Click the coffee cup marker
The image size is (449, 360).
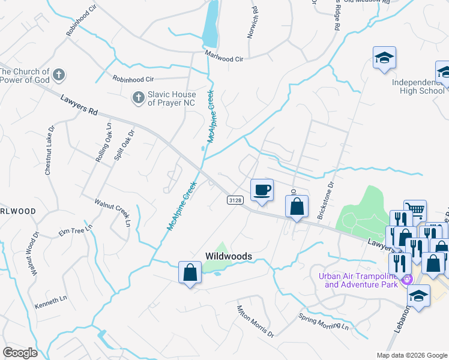261,191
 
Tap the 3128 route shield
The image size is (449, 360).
235,200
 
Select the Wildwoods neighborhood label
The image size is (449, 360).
228,256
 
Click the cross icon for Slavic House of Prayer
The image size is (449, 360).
137,96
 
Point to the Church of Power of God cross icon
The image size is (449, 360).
58,75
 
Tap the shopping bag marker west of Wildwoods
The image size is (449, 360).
190,272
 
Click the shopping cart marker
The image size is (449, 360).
415,211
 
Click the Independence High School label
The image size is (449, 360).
418,86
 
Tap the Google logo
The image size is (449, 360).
20,352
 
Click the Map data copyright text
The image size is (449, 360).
411,355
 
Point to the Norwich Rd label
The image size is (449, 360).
253,22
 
